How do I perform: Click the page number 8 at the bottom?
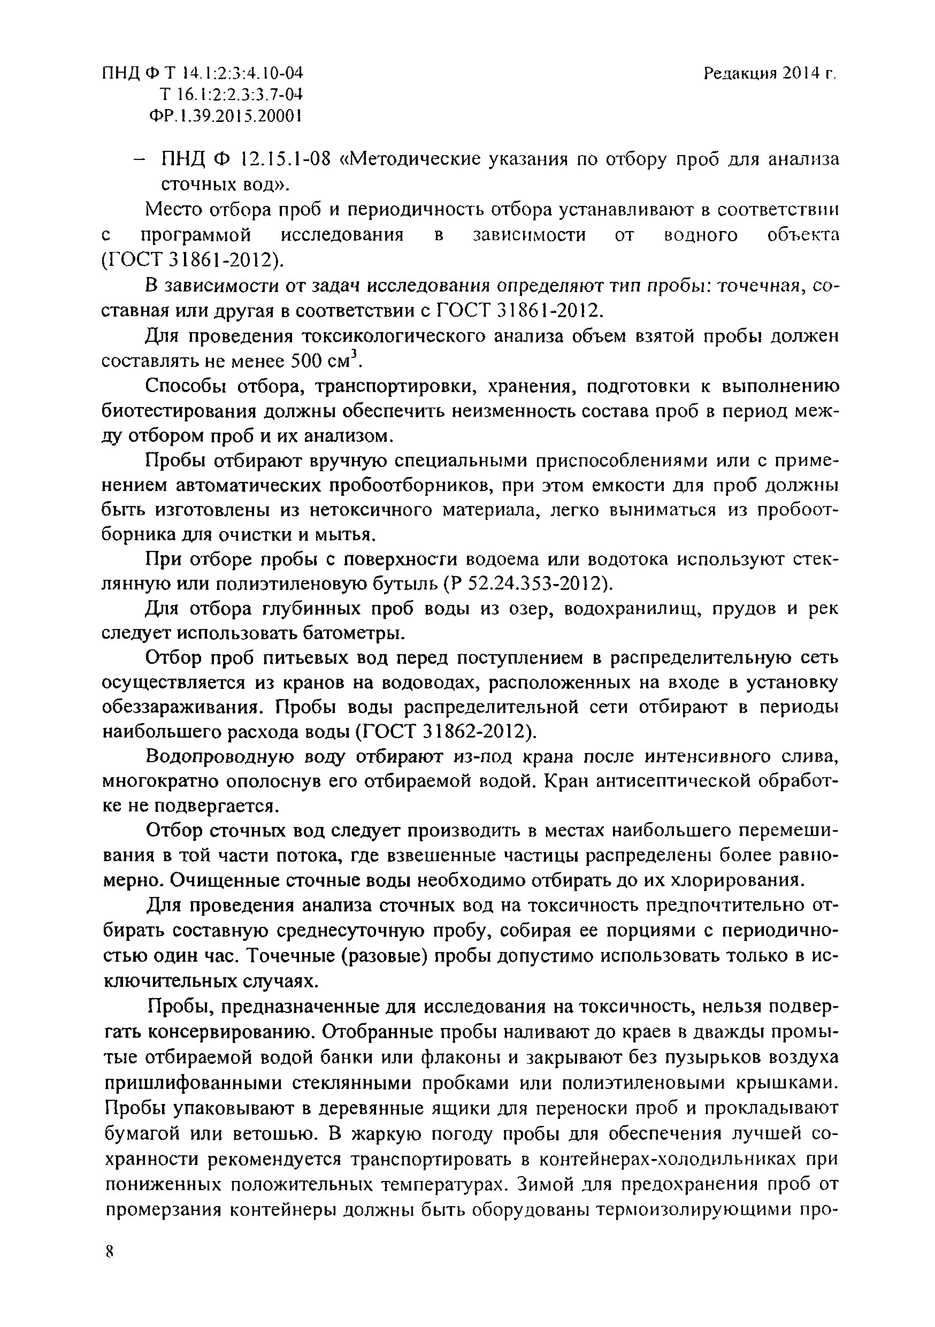(x=109, y=1253)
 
